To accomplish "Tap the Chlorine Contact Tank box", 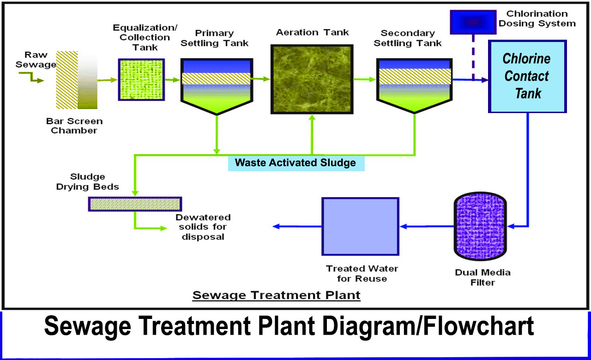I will click(527, 77).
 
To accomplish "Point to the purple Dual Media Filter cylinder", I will click(480, 226).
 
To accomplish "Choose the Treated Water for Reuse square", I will click(360, 226).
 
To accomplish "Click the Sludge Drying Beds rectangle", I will click(135, 204).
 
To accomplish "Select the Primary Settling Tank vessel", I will click(217, 85).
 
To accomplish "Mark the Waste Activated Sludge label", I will click(296, 162).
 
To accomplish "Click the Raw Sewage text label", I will click(36, 60).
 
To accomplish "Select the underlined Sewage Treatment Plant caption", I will click(276, 294).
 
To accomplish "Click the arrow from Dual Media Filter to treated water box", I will click(427, 227).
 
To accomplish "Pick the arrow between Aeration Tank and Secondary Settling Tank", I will click(365, 79).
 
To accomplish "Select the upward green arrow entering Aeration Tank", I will click(312, 134).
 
